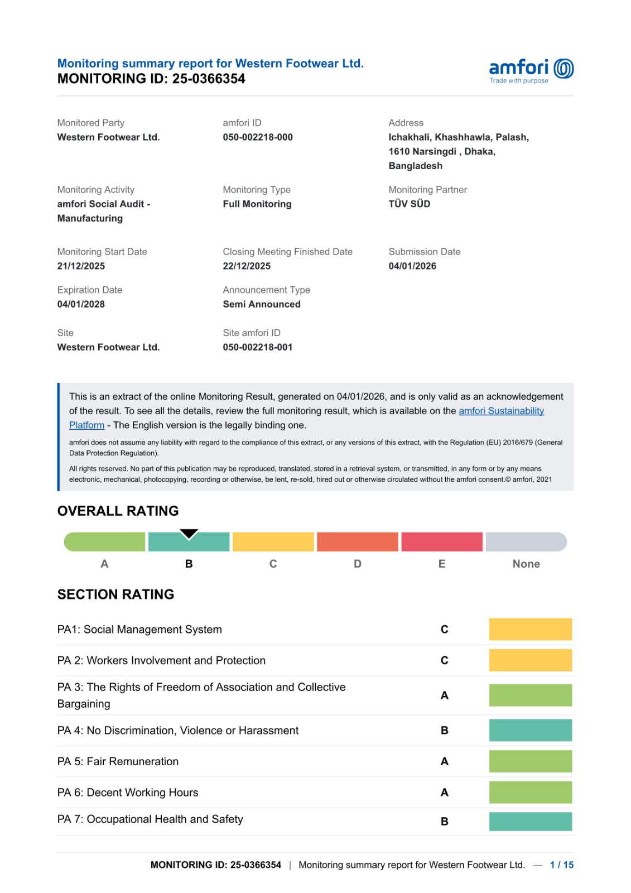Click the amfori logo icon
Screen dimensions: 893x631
coord(563,69)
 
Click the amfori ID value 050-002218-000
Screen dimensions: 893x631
coord(258,137)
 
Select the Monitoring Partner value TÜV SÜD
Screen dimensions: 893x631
coord(410,204)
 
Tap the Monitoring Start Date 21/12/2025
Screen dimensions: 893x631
coord(81,266)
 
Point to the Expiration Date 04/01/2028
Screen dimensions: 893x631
coord(81,304)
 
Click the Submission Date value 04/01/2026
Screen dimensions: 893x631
coord(412,266)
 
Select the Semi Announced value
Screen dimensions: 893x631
coord(262,304)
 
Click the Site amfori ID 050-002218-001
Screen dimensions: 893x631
coord(258,347)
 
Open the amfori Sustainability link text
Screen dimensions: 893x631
coord(501,411)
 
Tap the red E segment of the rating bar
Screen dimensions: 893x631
coord(441,542)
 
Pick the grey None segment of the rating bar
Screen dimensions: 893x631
coord(526,542)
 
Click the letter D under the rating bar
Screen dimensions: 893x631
coord(358,564)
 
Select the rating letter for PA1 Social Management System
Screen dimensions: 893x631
coord(445,630)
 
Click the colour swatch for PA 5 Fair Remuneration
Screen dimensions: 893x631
coord(530,761)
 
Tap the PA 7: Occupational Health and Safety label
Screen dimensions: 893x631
coord(150,819)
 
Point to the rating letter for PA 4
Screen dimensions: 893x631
coord(445,731)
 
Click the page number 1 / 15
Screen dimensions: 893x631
coord(561,865)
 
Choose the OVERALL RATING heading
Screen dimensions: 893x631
coord(118,511)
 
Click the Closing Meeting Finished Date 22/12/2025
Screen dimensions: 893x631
coord(247,266)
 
